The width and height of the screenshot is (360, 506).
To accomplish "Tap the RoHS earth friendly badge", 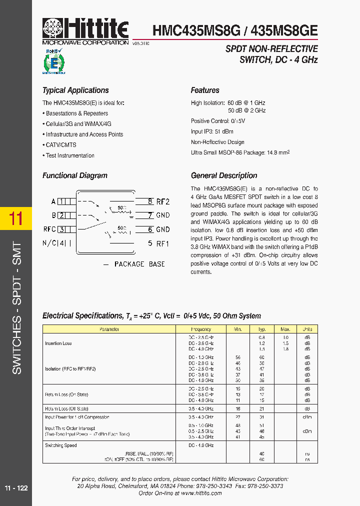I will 54,61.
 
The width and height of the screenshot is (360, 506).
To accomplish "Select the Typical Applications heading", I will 75,90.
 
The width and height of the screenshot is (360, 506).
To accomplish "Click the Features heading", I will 205,90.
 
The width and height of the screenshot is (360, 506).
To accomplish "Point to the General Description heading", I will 224,175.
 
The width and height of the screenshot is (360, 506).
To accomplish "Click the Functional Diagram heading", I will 75,175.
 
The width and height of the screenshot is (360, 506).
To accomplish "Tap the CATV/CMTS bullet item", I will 61,145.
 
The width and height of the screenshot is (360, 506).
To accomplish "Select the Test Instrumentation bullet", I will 70,155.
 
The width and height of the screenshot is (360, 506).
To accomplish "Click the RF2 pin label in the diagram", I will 163,201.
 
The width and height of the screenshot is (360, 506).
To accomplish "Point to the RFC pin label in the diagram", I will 50,229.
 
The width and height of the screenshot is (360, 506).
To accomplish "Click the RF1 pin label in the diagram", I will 163,243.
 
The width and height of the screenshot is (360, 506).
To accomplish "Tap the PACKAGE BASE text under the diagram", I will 139,264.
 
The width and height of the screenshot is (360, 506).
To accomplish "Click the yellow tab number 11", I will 16,218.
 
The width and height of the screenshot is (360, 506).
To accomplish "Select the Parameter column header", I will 109,329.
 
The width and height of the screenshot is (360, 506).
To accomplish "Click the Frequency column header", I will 201,329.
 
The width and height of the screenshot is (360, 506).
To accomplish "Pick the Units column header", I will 307,329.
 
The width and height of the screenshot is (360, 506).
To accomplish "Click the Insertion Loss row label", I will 58,343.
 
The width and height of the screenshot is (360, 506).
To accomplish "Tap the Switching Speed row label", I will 61,445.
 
